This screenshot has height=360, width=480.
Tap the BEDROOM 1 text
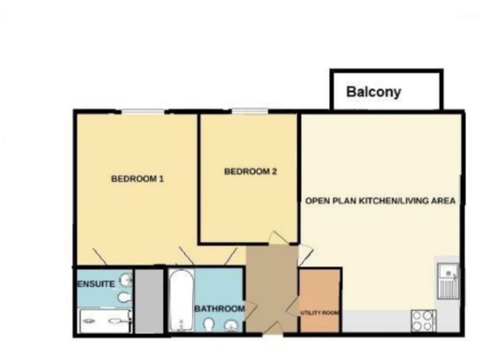[x=138, y=179]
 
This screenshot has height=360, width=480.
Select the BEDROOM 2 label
[x=250, y=171]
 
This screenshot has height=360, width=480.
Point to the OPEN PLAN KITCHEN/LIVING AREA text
[x=381, y=201]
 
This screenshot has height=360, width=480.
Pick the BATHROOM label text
[x=219, y=308]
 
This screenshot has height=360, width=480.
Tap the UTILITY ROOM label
[x=318, y=312]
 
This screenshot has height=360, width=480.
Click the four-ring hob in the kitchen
[x=423, y=319]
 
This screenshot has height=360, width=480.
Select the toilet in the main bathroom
[x=209, y=325]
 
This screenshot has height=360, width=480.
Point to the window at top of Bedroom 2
[x=250, y=112]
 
